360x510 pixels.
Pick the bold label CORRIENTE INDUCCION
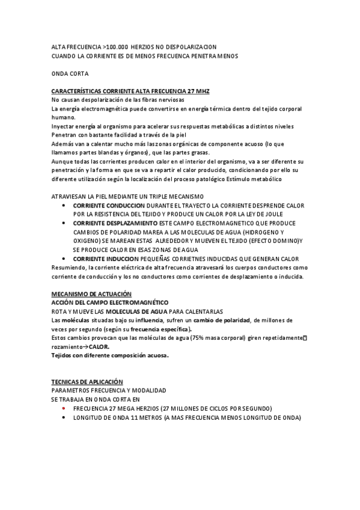click(x=105, y=259)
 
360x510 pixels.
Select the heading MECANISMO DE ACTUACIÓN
click(x=91, y=293)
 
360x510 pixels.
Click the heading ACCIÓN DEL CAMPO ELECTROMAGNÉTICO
click(x=110, y=303)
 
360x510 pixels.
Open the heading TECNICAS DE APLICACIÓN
click(x=87, y=382)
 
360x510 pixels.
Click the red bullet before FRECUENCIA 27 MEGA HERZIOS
click(x=63, y=408)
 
